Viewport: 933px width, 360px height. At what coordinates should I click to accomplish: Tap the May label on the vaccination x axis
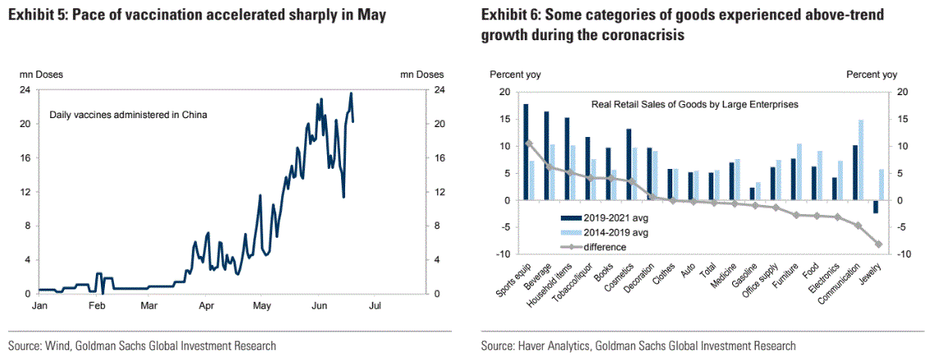point(262,306)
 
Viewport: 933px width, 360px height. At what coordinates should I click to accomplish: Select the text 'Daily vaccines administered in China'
point(128,115)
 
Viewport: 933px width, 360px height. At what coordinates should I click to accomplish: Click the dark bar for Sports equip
point(526,153)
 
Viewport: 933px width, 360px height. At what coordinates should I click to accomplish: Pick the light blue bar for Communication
point(861,160)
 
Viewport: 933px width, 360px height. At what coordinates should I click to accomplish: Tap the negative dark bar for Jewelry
point(876,207)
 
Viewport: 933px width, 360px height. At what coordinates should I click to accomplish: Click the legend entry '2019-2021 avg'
point(611,217)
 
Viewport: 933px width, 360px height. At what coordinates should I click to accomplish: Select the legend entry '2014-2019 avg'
point(611,232)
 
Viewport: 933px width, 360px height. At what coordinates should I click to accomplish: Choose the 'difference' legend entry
point(605,246)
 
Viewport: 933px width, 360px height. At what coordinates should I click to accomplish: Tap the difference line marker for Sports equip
point(529,144)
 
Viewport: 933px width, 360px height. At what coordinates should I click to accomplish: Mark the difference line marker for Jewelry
point(879,244)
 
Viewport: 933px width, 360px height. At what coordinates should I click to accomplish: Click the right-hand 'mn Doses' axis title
point(421,75)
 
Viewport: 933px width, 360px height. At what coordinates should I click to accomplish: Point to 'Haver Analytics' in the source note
point(551,346)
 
